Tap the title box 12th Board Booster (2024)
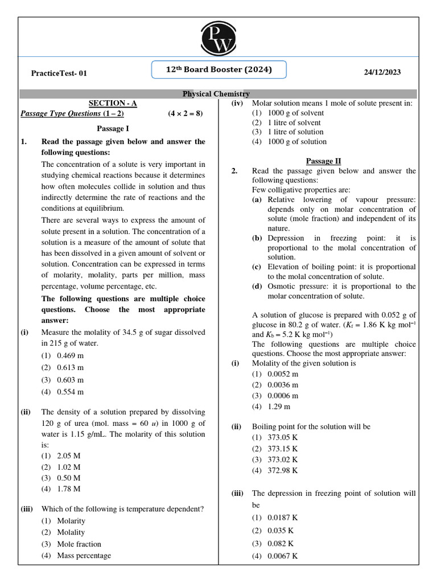point(218,70)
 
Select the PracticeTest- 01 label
point(59,73)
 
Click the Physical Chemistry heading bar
point(216,93)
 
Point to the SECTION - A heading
point(113,103)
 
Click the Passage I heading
point(113,129)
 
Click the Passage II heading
point(323,161)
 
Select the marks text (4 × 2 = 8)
point(185,113)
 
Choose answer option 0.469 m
point(70,355)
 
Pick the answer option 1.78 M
point(68,488)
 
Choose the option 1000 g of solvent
point(296,113)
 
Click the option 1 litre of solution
point(295,132)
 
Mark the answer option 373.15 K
point(282,448)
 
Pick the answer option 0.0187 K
point(282,518)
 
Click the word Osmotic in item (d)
point(282,286)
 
